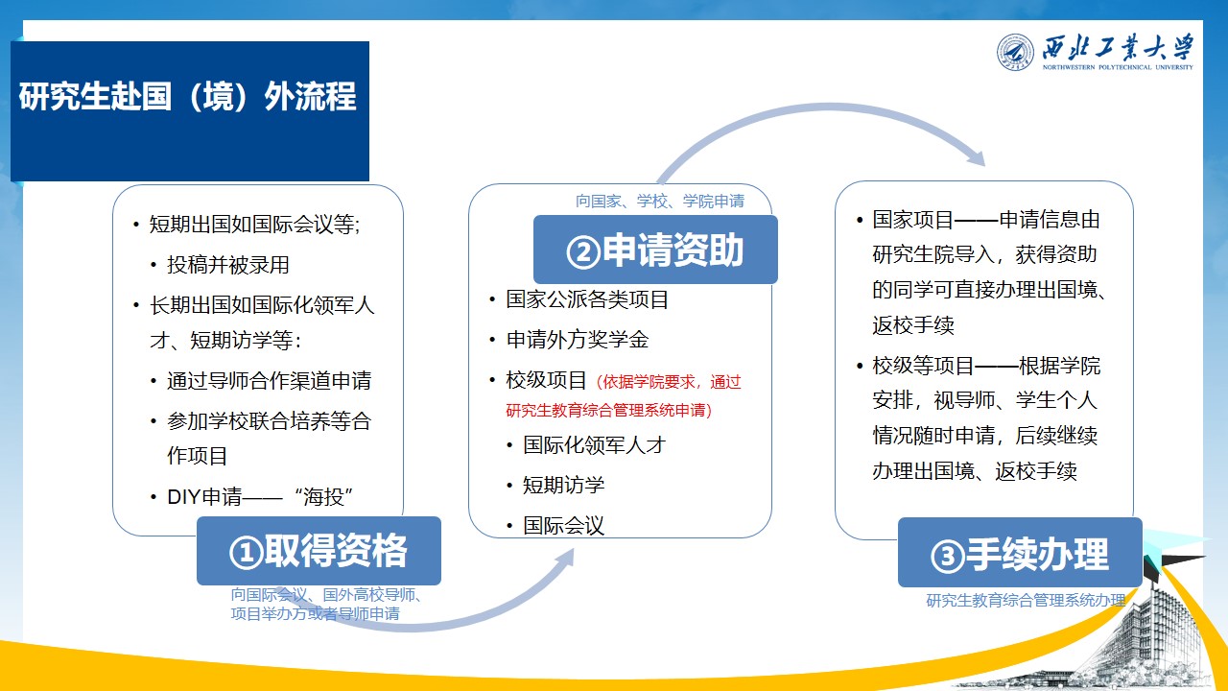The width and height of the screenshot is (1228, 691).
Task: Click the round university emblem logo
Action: (1015, 52)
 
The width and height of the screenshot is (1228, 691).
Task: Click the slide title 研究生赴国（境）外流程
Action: (187, 97)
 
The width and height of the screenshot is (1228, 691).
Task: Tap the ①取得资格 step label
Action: (319, 551)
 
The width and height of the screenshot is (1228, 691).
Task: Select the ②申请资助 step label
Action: (655, 250)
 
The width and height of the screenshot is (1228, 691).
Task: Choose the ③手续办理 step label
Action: (1020, 554)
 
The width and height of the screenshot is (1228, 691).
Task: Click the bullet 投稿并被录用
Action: (228, 265)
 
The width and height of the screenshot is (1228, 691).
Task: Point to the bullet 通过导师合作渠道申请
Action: (270, 381)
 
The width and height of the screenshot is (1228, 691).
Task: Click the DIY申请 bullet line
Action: (259, 497)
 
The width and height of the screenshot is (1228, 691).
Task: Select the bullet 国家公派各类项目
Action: (587, 299)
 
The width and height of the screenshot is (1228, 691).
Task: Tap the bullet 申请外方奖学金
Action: (578, 340)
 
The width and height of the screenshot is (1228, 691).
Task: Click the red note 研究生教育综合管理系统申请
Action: (608, 410)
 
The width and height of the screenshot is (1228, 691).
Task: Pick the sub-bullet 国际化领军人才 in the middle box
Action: (594, 444)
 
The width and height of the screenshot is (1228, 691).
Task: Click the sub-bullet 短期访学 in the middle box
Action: (563, 485)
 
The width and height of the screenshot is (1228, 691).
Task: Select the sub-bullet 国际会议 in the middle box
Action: (563, 525)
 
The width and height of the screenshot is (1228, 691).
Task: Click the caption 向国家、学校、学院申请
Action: (660, 202)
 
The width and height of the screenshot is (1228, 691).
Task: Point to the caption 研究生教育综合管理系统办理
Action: (1026, 601)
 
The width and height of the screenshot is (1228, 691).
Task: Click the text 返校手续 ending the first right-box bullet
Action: (913, 325)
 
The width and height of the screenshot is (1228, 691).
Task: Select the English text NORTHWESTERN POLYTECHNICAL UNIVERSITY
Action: (1118, 67)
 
